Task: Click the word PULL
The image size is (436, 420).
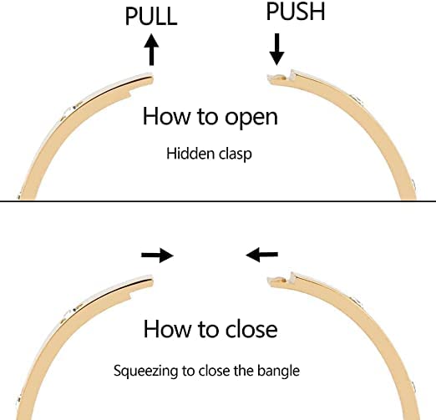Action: tap(151, 17)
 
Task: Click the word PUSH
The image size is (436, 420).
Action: tap(296, 12)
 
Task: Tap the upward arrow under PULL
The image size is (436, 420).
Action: tap(151, 49)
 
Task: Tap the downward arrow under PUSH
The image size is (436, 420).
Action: tap(276, 49)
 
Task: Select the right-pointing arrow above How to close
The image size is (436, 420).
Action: tap(158, 255)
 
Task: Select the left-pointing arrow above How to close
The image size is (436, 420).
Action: tap(261, 255)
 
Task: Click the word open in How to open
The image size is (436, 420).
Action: tap(251, 118)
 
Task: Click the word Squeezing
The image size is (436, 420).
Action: tap(145, 372)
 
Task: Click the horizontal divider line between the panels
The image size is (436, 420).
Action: tap(218, 201)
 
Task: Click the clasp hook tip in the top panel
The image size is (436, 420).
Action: tap(269, 77)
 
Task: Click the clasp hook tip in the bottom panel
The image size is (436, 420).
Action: tap(269, 280)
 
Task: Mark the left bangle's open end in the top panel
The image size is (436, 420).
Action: tap(152, 79)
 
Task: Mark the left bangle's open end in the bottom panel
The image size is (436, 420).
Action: tap(152, 281)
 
